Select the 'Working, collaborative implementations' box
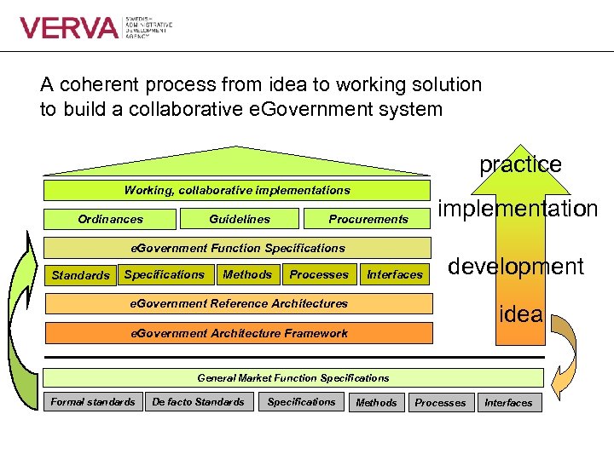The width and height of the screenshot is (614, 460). point(237,190)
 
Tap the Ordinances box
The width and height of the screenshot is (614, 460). point(111,219)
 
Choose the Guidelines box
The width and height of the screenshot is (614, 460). point(240,219)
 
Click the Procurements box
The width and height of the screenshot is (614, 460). point(368,219)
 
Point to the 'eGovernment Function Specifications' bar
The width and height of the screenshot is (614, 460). point(237,248)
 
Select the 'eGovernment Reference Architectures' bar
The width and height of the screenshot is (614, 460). point(238,303)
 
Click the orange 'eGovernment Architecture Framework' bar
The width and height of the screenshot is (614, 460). point(238,333)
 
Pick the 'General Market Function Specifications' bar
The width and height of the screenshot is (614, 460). point(293,377)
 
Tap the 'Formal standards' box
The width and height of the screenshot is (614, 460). point(93,401)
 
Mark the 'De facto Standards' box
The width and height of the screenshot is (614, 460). point(198,401)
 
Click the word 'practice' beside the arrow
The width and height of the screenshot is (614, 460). point(520,164)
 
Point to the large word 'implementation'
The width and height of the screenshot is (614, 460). point(518,209)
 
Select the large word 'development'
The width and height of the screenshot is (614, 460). point(516,267)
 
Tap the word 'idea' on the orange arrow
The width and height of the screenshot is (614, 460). point(521,313)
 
